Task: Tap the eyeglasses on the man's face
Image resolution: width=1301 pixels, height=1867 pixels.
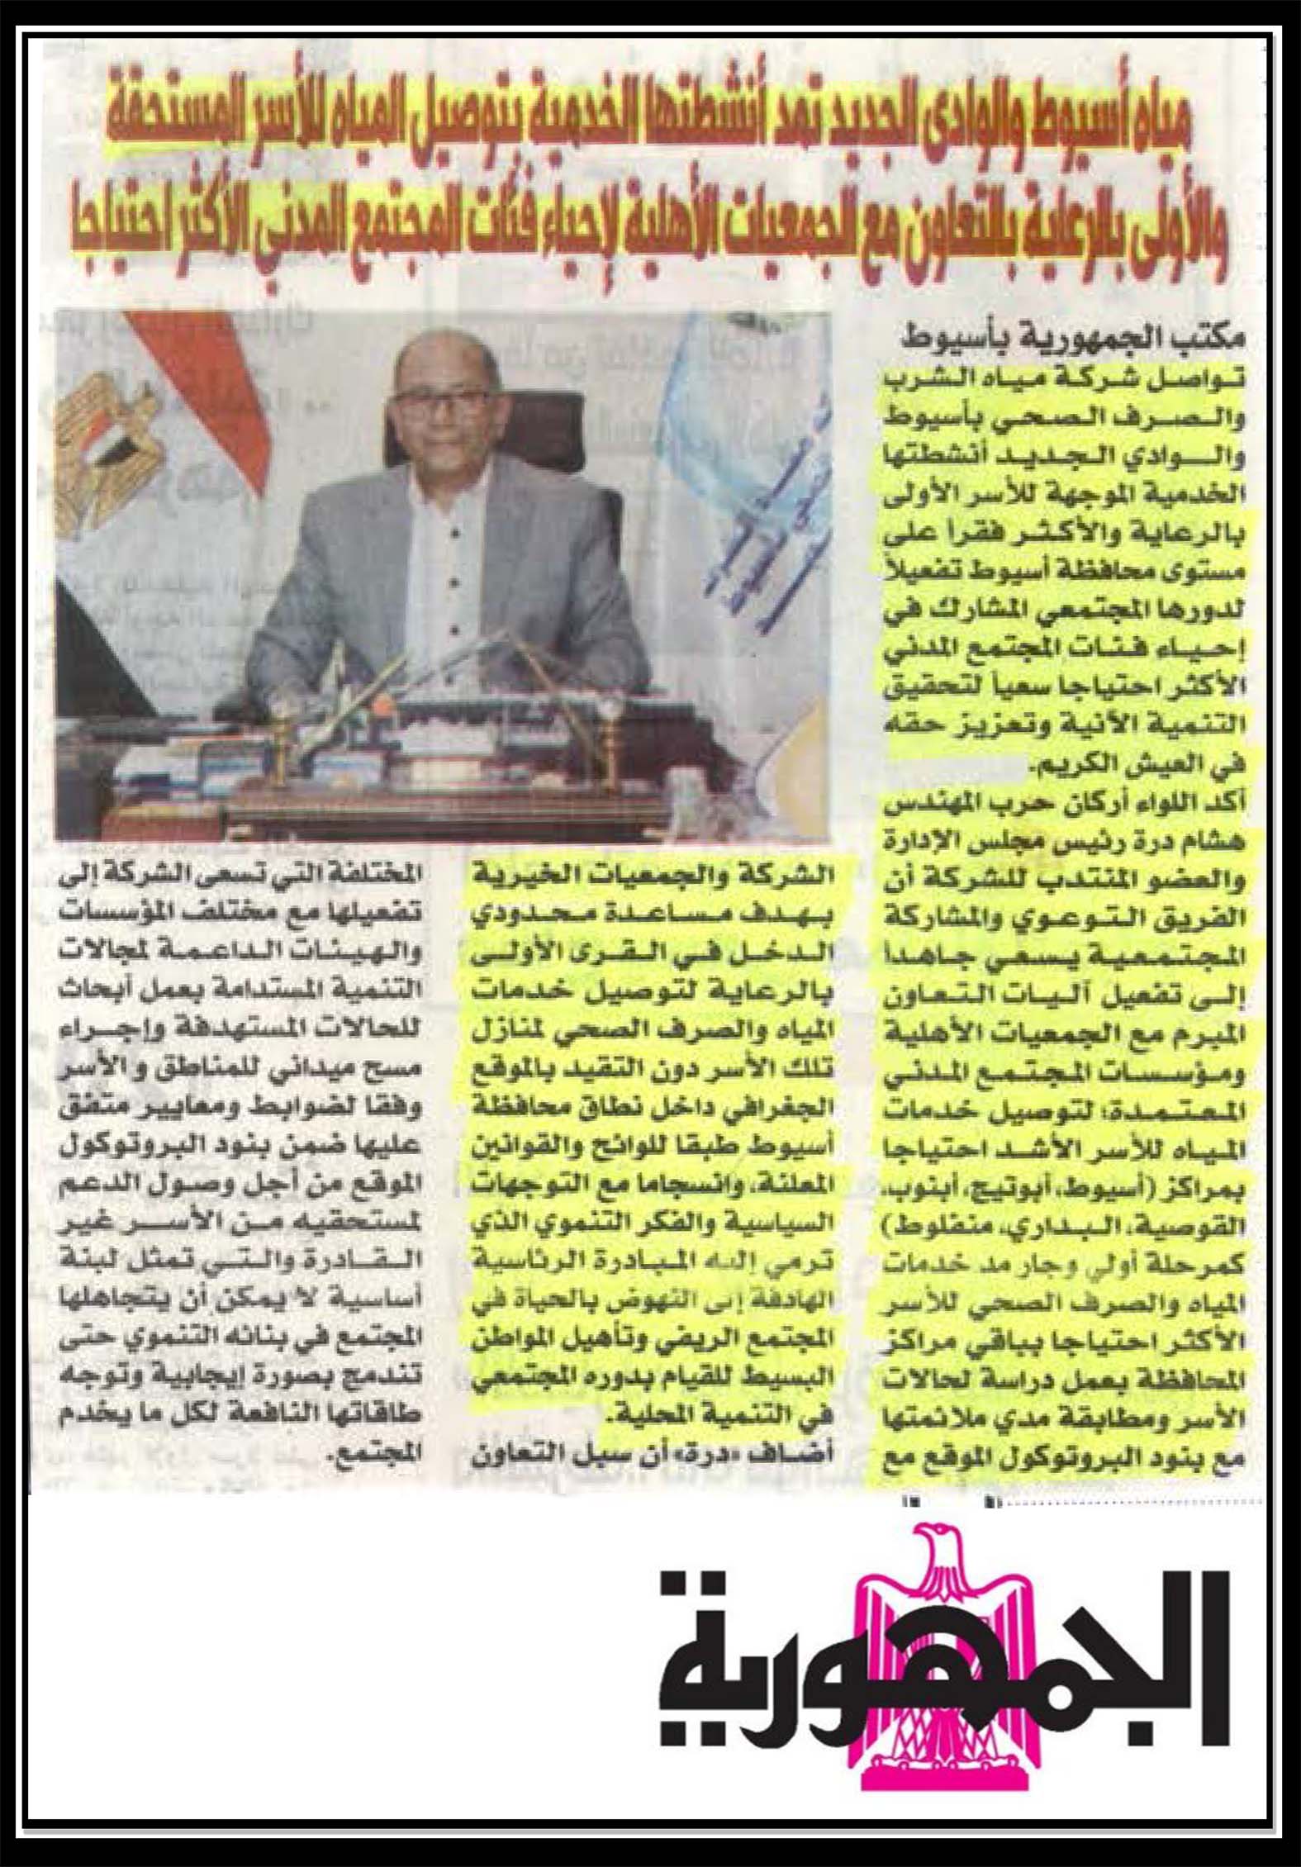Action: (442, 406)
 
